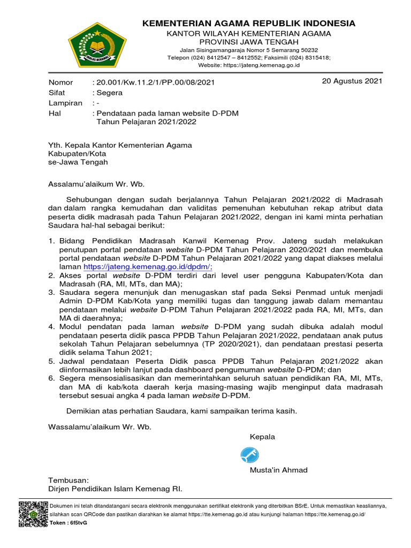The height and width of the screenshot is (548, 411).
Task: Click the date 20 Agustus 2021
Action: pyautogui.click(x=352, y=81)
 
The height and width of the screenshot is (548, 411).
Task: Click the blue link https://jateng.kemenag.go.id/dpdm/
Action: pyautogui.click(x=148, y=267)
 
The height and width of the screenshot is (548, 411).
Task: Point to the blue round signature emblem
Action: pyautogui.click(x=250, y=454)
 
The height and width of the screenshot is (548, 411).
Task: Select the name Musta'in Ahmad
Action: pyautogui.click(x=278, y=470)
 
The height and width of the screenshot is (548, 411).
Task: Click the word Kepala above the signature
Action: pyautogui.click(x=262, y=437)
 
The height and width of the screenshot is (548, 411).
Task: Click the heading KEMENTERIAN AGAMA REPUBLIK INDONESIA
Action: pyautogui.click(x=248, y=23)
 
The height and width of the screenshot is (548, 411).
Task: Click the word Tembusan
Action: pyautogui.click(x=68, y=480)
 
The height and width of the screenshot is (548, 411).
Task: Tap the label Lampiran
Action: pyautogui.click(x=65, y=103)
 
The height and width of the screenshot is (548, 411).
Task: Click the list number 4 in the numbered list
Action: pyautogui.click(x=51, y=326)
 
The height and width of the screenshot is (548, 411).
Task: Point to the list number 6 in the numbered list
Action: pyautogui.click(x=51, y=378)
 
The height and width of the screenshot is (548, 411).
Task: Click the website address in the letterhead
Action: pyautogui.click(x=249, y=65)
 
